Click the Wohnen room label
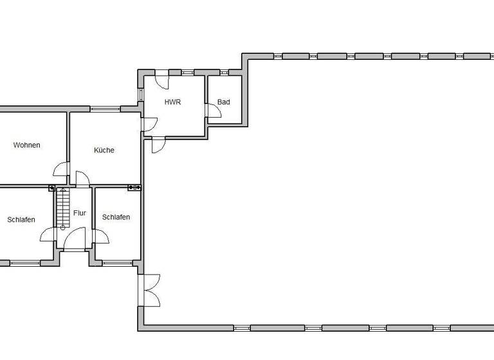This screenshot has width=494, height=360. point(26,145)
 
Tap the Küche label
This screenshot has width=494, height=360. point(104,150)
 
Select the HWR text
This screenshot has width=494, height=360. point(172,102)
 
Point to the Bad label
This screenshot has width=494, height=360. point(223,102)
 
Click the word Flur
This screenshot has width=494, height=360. point(80,213)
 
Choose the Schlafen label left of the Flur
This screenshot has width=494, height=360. point(21,220)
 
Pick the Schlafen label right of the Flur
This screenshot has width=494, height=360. point(116,217)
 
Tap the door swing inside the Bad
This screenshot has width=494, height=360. point(214,111)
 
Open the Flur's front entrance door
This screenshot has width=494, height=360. point(75,241)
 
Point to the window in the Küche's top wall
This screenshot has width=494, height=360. point(105,109)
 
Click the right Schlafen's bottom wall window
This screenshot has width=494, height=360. point(118,262)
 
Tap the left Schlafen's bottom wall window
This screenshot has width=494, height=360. point(24,262)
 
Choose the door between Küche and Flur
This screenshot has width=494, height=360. point(82,179)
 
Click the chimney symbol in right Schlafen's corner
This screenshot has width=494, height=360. point(134,188)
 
